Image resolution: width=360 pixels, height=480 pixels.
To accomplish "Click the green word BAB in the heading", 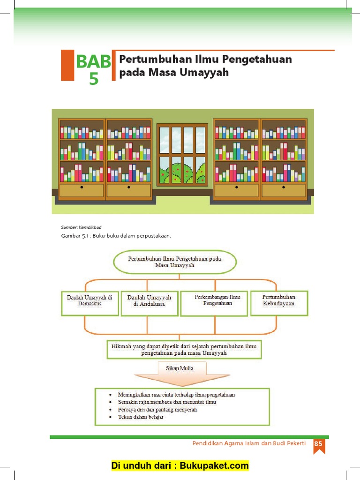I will tap(94, 61).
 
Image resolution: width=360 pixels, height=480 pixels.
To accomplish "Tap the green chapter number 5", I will tap(94, 79).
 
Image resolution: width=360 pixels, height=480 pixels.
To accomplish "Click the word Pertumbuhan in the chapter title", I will tap(147, 59).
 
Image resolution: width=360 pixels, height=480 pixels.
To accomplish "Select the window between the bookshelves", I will tap(182, 154).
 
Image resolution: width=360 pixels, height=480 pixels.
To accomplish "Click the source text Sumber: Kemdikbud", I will tap(78, 227).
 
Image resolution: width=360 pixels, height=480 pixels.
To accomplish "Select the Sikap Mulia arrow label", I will tap(180, 368).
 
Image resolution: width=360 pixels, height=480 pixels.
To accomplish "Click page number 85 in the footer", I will tap(319, 444).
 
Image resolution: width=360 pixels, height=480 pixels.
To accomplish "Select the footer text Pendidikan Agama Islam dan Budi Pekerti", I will tap(249, 444).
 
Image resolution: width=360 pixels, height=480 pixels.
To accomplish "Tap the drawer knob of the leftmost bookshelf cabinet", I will tap(82, 187).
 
